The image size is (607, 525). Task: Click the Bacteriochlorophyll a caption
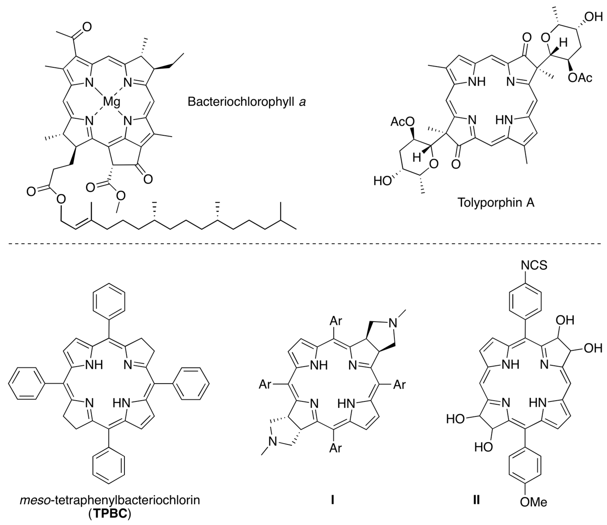(x=247, y=102)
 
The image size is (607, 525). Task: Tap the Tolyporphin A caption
(x=496, y=202)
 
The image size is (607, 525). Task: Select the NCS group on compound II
(x=534, y=265)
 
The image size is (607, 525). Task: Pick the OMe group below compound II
(x=533, y=510)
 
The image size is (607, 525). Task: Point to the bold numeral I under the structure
(x=332, y=500)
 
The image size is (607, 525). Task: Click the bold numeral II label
(x=476, y=500)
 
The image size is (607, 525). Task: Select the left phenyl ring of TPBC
(x=26, y=383)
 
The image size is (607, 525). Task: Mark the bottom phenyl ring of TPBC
(x=109, y=465)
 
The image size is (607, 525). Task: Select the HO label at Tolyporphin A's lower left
(x=382, y=181)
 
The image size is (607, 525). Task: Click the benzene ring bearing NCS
(x=525, y=302)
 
